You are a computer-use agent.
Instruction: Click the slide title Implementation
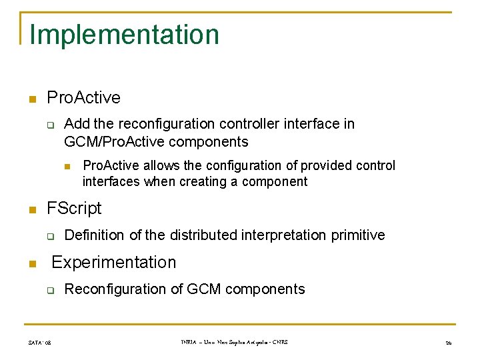pos(124,35)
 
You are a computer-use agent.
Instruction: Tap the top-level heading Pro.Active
pos(83,97)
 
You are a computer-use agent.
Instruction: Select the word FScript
pos(74,208)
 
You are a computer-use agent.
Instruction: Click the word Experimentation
pos(114,262)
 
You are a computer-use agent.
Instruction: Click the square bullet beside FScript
pos(31,209)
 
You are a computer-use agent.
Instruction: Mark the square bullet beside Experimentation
pos(31,263)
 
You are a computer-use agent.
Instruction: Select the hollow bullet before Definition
pos(49,236)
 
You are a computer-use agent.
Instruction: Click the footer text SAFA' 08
pos(39,343)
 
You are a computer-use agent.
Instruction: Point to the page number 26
pos(448,343)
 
